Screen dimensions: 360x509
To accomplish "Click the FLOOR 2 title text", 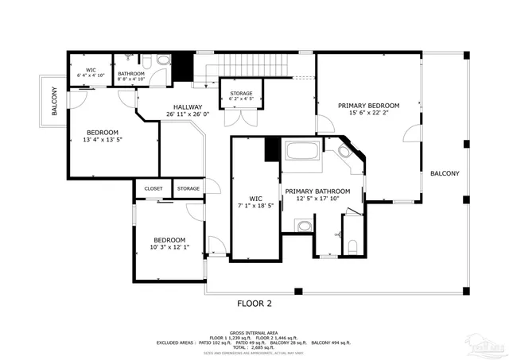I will point(254,303).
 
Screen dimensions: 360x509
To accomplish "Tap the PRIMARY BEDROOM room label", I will point(368,105).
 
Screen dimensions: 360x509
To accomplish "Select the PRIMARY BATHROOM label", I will point(317,191).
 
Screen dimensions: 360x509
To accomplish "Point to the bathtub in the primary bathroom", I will point(301,152).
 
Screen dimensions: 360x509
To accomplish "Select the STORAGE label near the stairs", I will point(242,93).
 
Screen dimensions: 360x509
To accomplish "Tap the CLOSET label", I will point(153,188).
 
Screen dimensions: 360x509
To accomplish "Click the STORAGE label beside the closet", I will point(188,188).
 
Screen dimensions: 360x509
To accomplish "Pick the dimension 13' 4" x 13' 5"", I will point(102,140).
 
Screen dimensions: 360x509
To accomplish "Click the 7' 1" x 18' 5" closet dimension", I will point(255,206).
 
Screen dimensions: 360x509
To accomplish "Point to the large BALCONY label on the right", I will point(444,173).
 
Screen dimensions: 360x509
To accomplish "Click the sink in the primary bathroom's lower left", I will point(304,227).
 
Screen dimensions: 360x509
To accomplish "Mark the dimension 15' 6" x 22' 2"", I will point(368,113).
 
